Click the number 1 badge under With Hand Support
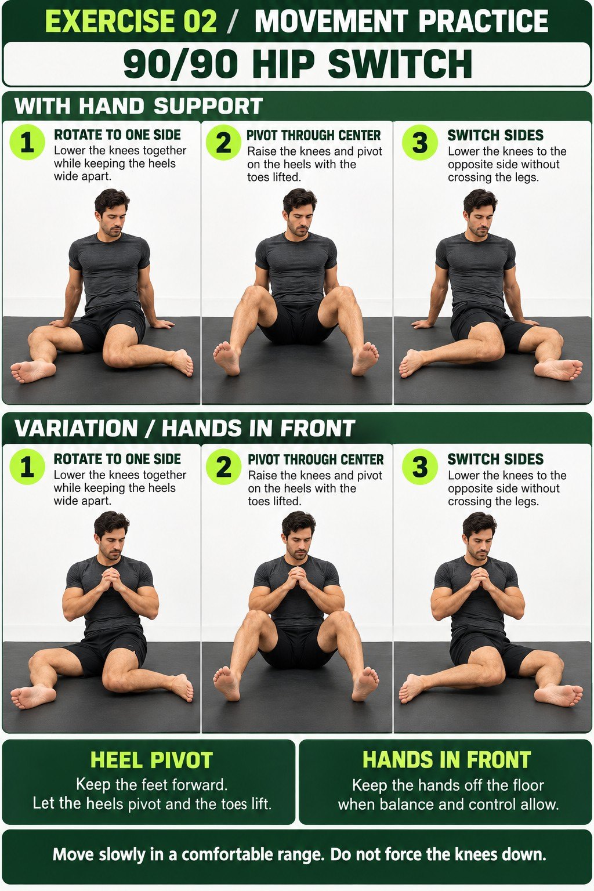click(x=27, y=142)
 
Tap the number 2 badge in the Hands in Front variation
click(x=223, y=466)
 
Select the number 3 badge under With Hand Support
click(x=420, y=142)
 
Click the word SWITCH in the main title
click(x=400, y=64)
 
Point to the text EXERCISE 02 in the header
click(x=131, y=21)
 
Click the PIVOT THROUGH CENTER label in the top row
click(x=313, y=135)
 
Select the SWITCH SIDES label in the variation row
click(x=495, y=459)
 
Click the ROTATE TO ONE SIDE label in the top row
click(x=117, y=135)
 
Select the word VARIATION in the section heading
click(x=76, y=429)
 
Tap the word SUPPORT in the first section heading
click(x=208, y=106)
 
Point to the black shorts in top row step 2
click(x=298, y=322)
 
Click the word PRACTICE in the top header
click(x=483, y=21)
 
